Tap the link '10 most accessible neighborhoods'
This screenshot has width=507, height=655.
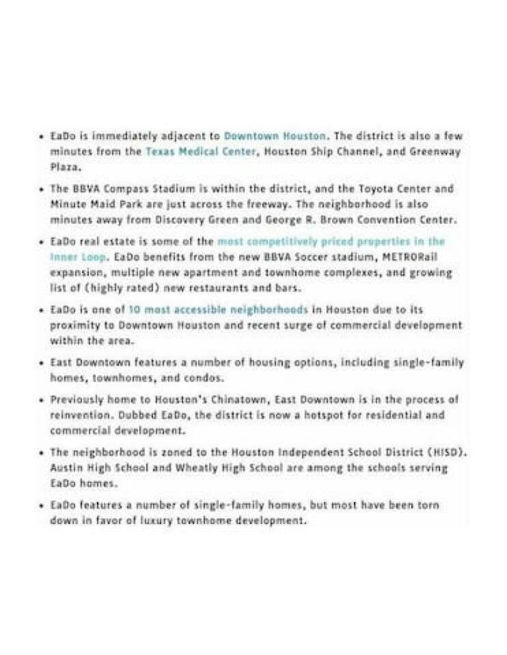tap(218, 309)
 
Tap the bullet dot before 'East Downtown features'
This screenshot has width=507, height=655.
tap(42, 362)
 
